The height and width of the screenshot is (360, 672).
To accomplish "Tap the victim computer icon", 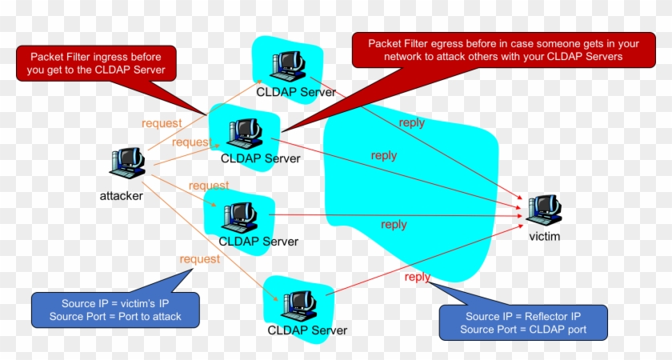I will [x=544, y=210].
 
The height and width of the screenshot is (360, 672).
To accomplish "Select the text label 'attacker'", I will [x=122, y=195].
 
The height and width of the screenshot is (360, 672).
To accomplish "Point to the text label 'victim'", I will [x=545, y=237].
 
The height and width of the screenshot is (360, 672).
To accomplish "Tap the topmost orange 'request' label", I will [x=162, y=123].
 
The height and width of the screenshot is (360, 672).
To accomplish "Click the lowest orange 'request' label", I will [x=199, y=258].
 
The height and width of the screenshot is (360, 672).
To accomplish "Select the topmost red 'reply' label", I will [x=412, y=122].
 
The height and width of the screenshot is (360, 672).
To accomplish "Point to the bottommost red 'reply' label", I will [x=417, y=277].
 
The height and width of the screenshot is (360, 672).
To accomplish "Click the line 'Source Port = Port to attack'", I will [x=115, y=316].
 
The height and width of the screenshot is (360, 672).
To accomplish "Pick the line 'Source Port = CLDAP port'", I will [x=523, y=330].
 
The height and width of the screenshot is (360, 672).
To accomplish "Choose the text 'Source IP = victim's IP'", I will [x=115, y=303].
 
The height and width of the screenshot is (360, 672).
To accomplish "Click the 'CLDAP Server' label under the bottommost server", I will [x=307, y=330].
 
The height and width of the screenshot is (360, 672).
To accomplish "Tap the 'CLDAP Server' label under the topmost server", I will [x=296, y=91].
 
